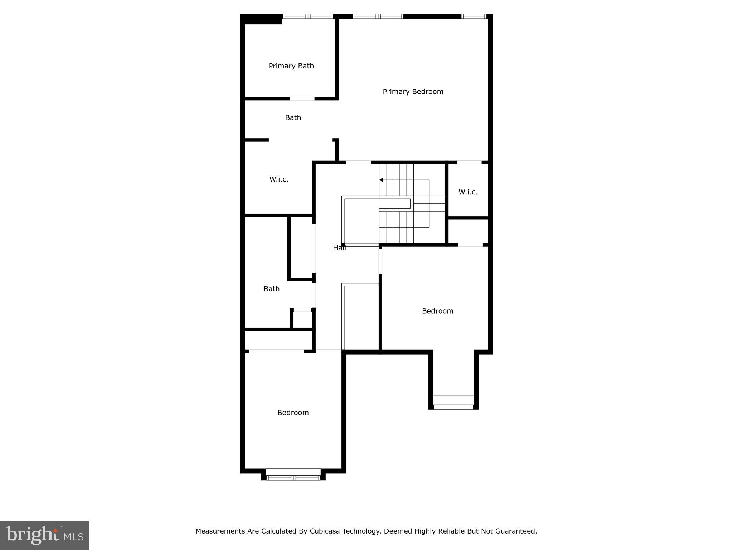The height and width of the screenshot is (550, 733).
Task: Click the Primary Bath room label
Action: coord(291,66)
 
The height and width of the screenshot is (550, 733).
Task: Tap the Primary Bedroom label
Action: coord(413,92)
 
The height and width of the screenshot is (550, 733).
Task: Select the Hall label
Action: coord(339,248)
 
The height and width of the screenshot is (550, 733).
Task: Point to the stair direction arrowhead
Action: coord(381,180)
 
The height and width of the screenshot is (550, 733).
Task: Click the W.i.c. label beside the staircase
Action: coord(468,192)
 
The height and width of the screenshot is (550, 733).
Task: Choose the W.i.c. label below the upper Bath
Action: coord(279,179)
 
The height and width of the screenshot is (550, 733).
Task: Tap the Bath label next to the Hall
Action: coord(271,289)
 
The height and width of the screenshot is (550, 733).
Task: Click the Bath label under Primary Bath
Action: coord(293,118)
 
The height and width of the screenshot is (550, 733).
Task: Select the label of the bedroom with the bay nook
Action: coord(437,311)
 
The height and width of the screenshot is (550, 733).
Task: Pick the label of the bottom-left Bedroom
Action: coord(293,413)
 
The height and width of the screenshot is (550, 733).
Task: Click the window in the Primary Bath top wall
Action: coord(308,16)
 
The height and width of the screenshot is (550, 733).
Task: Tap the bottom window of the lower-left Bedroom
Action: coord(293,477)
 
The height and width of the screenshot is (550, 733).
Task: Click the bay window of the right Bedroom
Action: coord(453,407)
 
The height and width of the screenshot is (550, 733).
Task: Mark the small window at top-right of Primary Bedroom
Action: coord(474,16)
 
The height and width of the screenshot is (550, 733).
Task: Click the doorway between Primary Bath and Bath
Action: coord(302,98)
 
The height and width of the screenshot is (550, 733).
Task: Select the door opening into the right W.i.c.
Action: coord(469,163)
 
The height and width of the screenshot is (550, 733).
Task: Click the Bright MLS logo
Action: coord(45,535)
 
